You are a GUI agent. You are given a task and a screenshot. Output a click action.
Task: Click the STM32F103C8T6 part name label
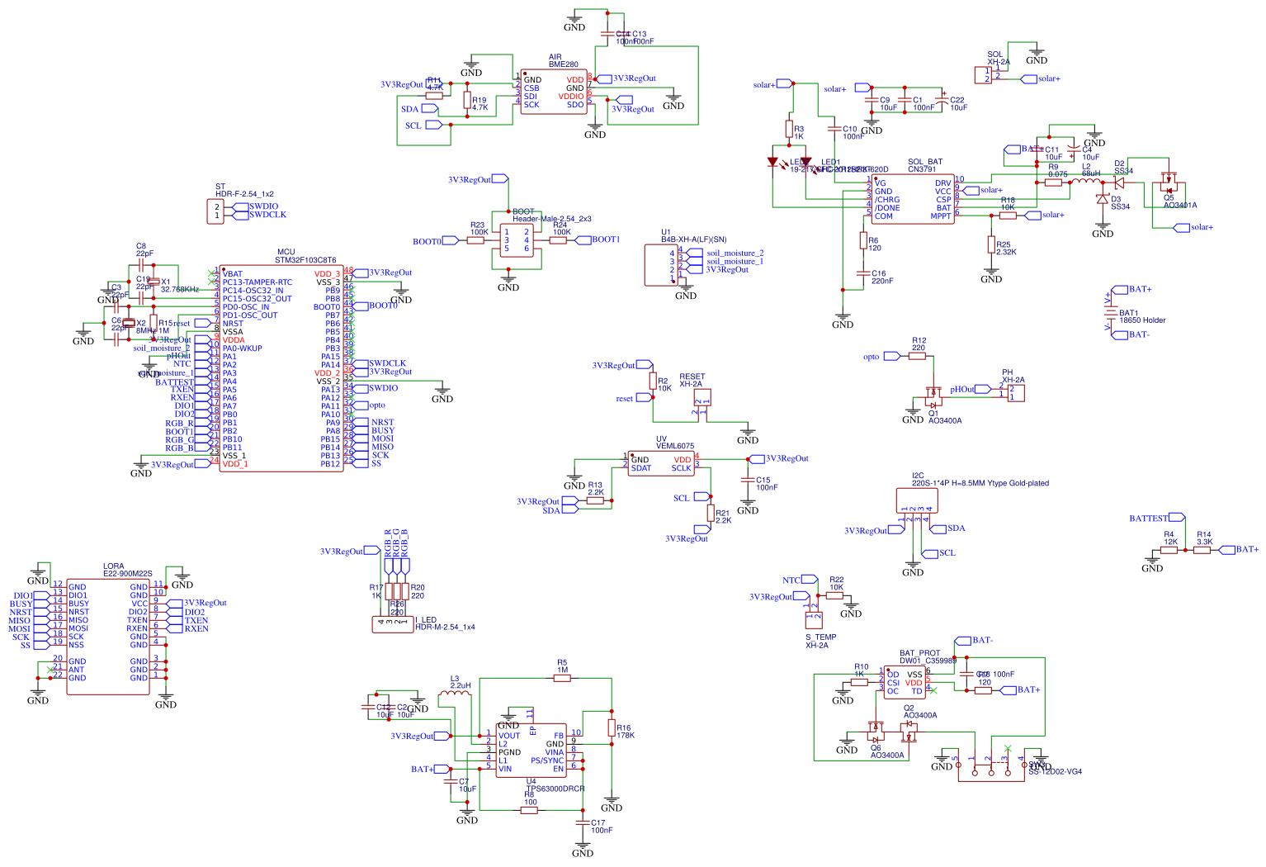(x=305, y=260)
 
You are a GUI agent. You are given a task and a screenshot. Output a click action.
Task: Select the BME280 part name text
(x=564, y=64)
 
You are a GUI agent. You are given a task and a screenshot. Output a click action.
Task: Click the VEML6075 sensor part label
(x=674, y=446)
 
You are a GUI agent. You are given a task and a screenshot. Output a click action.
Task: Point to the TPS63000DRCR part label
(x=555, y=789)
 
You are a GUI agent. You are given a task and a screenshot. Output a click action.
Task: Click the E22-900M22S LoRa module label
(x=127, y=573)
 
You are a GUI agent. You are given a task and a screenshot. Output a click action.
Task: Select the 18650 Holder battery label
(x=1142, y=320)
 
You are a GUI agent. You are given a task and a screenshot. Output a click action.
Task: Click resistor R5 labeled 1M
(x=562, y=678)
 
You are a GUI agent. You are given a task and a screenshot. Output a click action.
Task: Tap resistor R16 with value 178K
(x=612, y=727)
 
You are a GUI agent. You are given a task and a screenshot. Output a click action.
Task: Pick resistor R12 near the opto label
(x=918, y=357)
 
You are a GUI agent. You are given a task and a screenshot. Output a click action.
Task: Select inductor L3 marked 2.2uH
(x=455, y=698)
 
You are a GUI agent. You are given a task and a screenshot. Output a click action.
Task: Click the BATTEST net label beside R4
(x=1149, y=519)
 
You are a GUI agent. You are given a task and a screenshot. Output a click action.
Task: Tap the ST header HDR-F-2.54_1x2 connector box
(x=216, y=211)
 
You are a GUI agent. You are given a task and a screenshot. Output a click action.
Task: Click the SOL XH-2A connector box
(x=982, y=75)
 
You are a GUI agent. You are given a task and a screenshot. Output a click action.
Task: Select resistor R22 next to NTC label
(x=834, y=595)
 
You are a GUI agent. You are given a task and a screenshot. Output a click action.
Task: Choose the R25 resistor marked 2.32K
(x=991, y=244)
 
